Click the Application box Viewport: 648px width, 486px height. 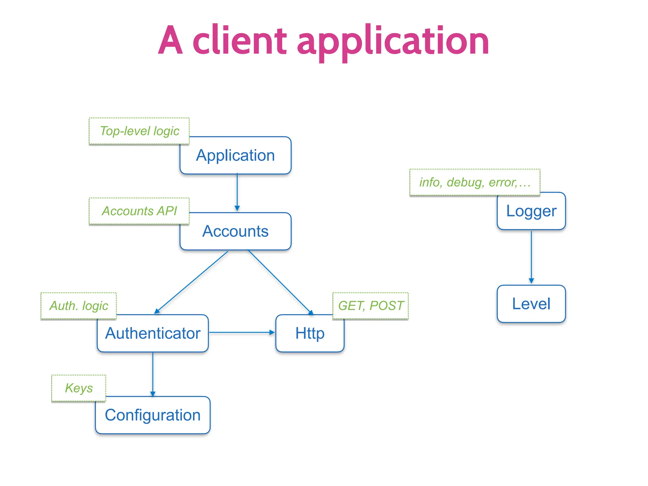coord(235,155)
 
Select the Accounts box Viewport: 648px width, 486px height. coord(235,231)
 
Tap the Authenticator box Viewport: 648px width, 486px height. coord(153,333)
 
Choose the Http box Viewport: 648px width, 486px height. coord(310,333)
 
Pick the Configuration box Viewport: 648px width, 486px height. coord(153,415)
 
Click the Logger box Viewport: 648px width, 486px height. coord(531,211)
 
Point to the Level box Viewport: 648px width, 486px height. coord(531,304)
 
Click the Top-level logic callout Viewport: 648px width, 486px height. coord(139,131)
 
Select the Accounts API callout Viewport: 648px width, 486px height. coord(139,211)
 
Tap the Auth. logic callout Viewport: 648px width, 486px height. coord(78,306)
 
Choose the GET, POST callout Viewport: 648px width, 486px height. coord(371,306)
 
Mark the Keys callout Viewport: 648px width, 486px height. coord(78,388)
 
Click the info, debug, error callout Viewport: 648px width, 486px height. coord(475,182)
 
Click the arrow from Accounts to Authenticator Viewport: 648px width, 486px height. coord(191,282)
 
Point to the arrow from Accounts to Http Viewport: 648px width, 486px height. coord(280,282)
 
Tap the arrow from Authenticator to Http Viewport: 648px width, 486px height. coord(242,333)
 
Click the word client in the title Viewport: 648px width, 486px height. coord(239,41)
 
